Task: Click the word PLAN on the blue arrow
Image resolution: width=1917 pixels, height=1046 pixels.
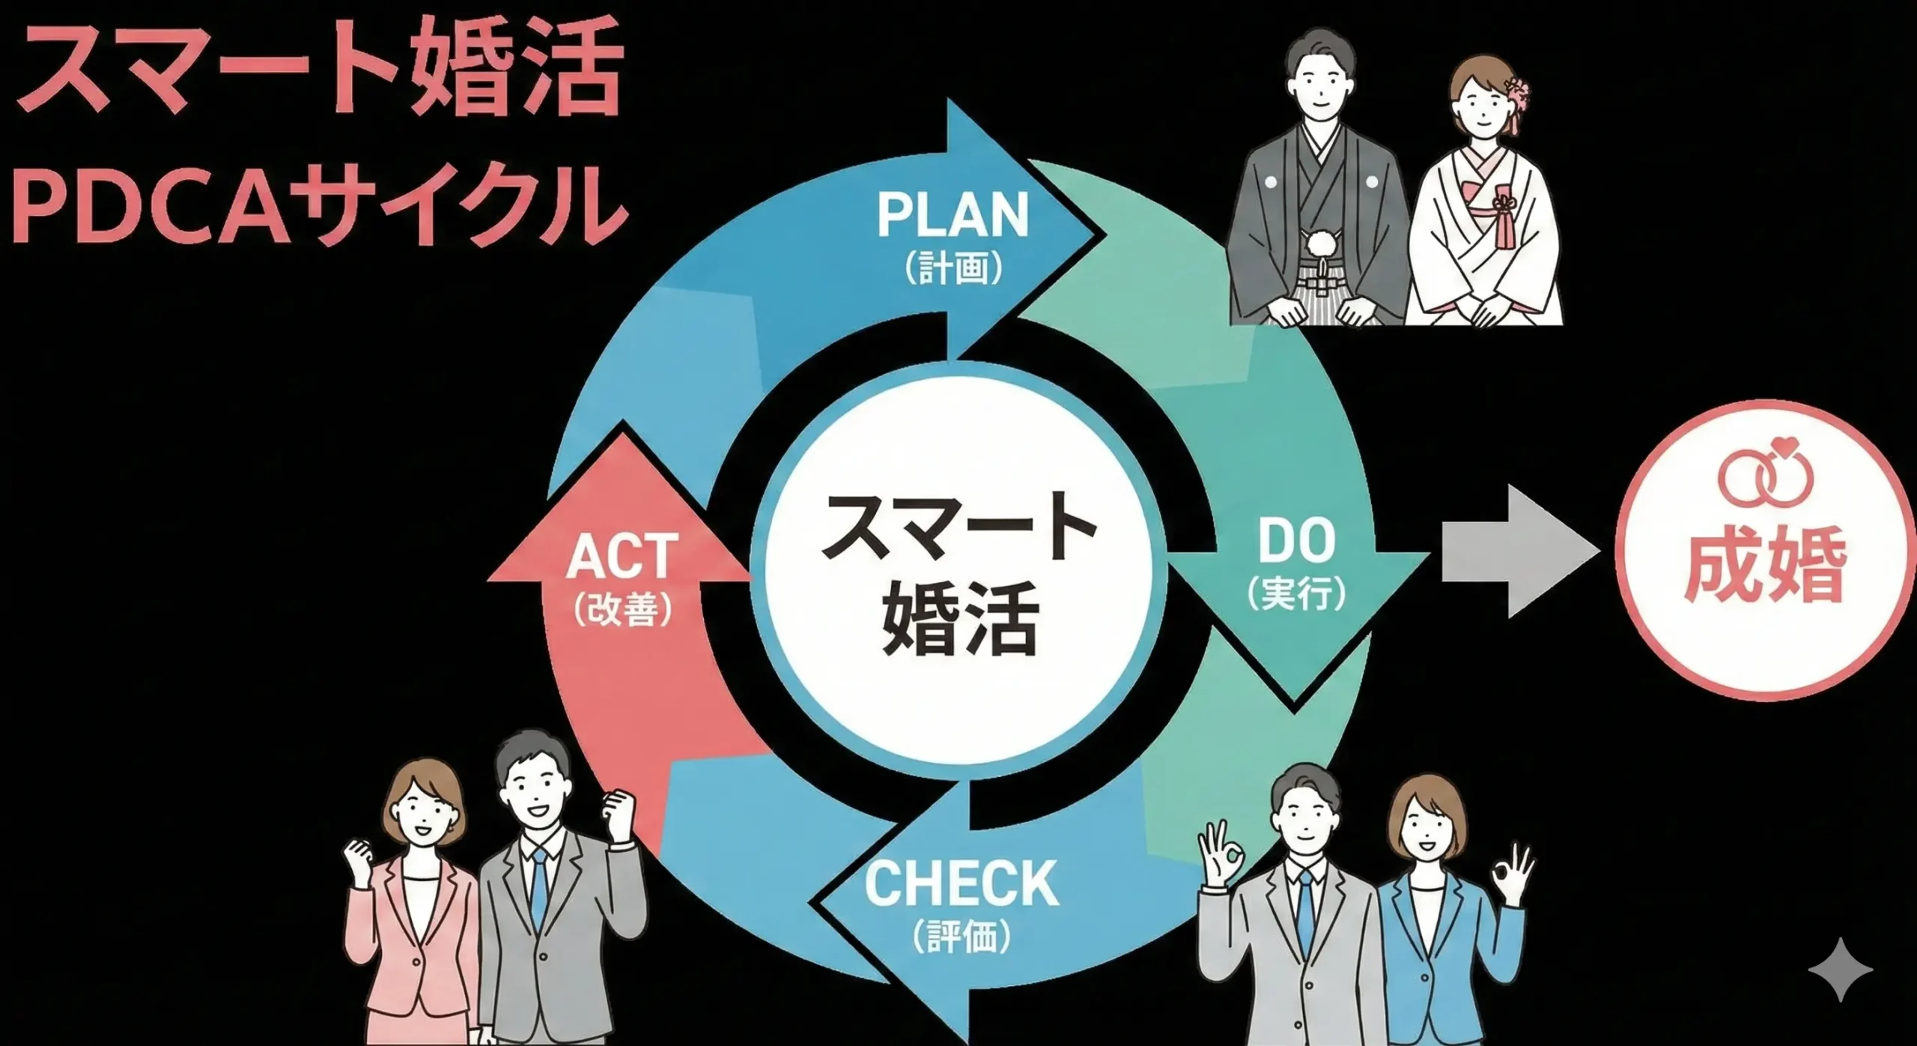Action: coord(953,215)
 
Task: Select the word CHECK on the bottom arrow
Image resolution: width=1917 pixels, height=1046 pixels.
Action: coord(961,883)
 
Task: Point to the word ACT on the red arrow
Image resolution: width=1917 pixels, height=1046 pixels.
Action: coord(622,557)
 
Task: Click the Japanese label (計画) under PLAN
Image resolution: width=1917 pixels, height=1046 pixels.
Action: coord(953,267)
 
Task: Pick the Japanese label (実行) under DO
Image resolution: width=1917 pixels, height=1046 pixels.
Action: coord(1296,593)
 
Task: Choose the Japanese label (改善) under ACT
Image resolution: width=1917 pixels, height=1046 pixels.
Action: coord(622,608)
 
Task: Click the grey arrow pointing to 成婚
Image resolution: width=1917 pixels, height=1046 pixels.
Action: coord(1516,551)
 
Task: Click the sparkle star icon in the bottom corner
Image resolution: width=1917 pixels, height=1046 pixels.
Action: coord(1839,970)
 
